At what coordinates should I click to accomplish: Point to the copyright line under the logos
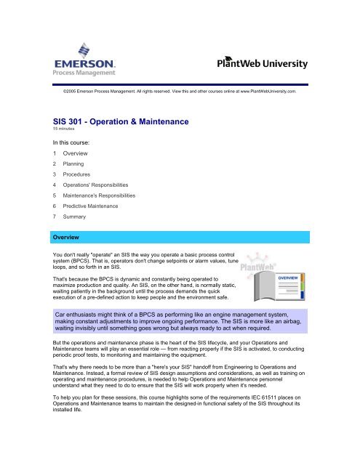[x=180, y=94]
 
